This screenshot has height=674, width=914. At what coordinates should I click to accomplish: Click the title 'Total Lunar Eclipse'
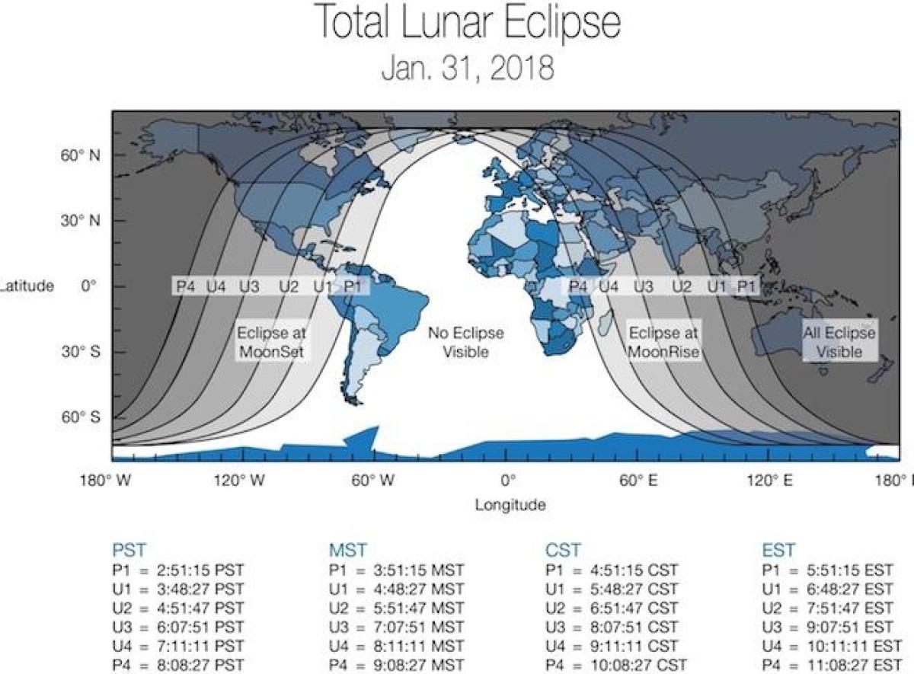click(468, 22)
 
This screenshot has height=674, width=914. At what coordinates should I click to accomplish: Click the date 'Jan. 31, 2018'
click(468, 69)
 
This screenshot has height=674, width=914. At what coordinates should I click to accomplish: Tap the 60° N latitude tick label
click(81, 155)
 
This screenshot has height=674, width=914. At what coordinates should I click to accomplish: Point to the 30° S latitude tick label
click(81, 352)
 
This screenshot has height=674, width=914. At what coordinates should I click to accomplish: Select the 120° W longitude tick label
click(239, 481)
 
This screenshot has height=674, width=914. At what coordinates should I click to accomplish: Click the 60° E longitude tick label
click(638, 481)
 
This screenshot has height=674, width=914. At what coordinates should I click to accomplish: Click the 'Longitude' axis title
click(510, 505)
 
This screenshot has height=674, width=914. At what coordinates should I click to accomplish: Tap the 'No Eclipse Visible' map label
click(465, 342)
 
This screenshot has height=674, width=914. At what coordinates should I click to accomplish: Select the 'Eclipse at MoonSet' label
click(271, 342)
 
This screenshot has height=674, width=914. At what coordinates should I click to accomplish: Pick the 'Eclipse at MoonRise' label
click(663, 342)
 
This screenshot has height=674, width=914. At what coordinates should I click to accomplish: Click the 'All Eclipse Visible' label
click(839, 342)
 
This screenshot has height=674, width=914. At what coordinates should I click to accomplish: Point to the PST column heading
click(129, 551)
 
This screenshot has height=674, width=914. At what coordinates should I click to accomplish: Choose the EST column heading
click(778, 551)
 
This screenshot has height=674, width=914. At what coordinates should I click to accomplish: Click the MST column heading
click(348, 551)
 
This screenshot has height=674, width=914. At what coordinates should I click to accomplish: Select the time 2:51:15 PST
click(200, 570)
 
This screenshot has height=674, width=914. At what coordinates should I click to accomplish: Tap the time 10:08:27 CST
click(638, 665)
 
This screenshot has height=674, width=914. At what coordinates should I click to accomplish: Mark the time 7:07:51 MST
click(419, 627)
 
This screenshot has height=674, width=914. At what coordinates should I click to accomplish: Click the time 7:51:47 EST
click(850, 609)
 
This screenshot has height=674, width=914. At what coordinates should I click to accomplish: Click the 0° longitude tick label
click(508, 481)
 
